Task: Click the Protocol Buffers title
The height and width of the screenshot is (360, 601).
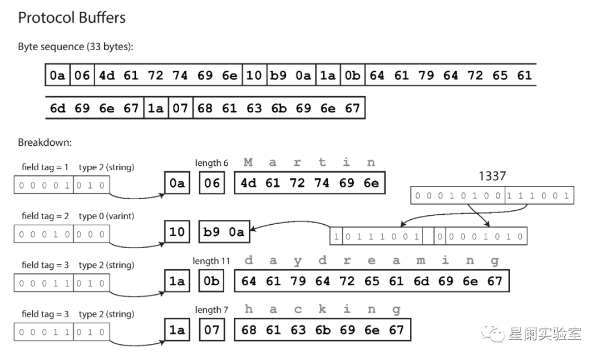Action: coord(72,18)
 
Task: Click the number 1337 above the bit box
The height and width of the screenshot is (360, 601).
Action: coord(492,176)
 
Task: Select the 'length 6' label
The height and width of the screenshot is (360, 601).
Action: coord(211,163)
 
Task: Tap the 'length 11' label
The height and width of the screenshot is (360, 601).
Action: coord(211,261)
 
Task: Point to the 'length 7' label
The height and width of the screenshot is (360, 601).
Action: coord(211,309)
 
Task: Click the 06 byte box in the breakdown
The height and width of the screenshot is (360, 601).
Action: coord(211,183)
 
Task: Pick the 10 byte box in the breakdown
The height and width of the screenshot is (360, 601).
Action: coord(177,231)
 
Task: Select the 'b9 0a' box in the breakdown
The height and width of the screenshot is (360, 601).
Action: coord(224,231)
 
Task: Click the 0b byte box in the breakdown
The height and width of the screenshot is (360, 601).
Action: coord(211,281)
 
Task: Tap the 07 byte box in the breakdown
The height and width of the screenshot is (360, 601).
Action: coord(211,330)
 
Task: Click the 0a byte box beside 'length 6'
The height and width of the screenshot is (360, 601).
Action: coord(177,183)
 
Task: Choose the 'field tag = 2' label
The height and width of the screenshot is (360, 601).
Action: coord(46,216)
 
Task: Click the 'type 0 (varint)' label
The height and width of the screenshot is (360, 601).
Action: coord(106,216)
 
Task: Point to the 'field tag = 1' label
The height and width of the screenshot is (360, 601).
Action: coord(46,167)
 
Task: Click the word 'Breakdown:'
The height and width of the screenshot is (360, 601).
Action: coord(45,142)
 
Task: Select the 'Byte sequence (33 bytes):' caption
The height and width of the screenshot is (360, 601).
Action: coord(76,47)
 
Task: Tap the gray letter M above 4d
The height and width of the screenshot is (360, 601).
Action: coord(248,162)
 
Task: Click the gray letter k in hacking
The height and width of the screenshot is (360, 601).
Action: coord(322,309)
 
